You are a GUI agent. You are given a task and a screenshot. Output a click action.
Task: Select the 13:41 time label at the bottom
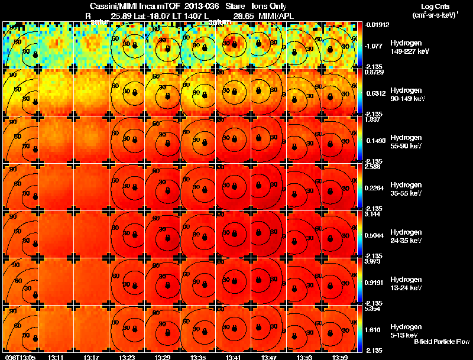click(x=234, y=356)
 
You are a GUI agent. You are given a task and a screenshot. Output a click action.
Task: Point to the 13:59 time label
click(x=340, y=356)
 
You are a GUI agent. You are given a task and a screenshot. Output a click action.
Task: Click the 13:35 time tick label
click(x=198, y=356)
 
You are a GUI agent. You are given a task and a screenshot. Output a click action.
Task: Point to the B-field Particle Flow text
click(x=441, y=342)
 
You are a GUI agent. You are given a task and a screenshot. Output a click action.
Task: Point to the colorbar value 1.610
click(x=374, y=329)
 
